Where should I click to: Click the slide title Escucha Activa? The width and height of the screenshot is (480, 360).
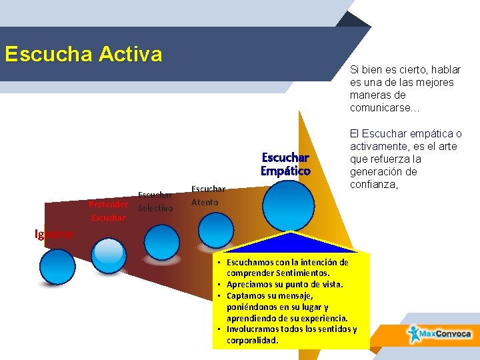point(83,54)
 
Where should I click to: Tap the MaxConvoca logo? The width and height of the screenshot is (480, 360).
point(440,333)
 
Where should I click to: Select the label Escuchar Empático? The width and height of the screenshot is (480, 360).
point(286,164)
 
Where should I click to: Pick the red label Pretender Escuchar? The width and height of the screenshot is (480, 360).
point(108,210)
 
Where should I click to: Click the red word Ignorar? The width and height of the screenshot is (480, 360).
point(55,234)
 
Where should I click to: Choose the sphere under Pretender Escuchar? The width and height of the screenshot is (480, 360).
point(108,252)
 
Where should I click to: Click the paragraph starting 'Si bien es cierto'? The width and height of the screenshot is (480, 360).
point(401,89)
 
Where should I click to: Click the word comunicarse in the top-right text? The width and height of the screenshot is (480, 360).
point(380,107)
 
